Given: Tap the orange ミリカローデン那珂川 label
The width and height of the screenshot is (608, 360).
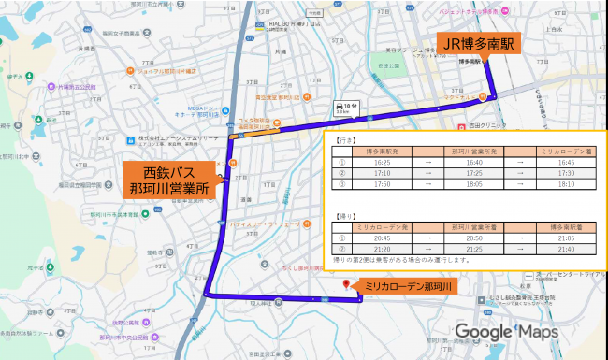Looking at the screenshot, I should [x=408, y=286].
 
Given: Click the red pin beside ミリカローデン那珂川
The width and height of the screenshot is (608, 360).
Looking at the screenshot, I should [x=348, y=285].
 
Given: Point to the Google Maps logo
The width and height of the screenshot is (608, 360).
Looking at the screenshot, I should [x=506, y=333].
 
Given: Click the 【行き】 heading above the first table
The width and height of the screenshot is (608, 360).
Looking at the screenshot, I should [x=347, y=139].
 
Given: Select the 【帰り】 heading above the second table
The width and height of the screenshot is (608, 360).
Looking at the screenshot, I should [x=347, y=216].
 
